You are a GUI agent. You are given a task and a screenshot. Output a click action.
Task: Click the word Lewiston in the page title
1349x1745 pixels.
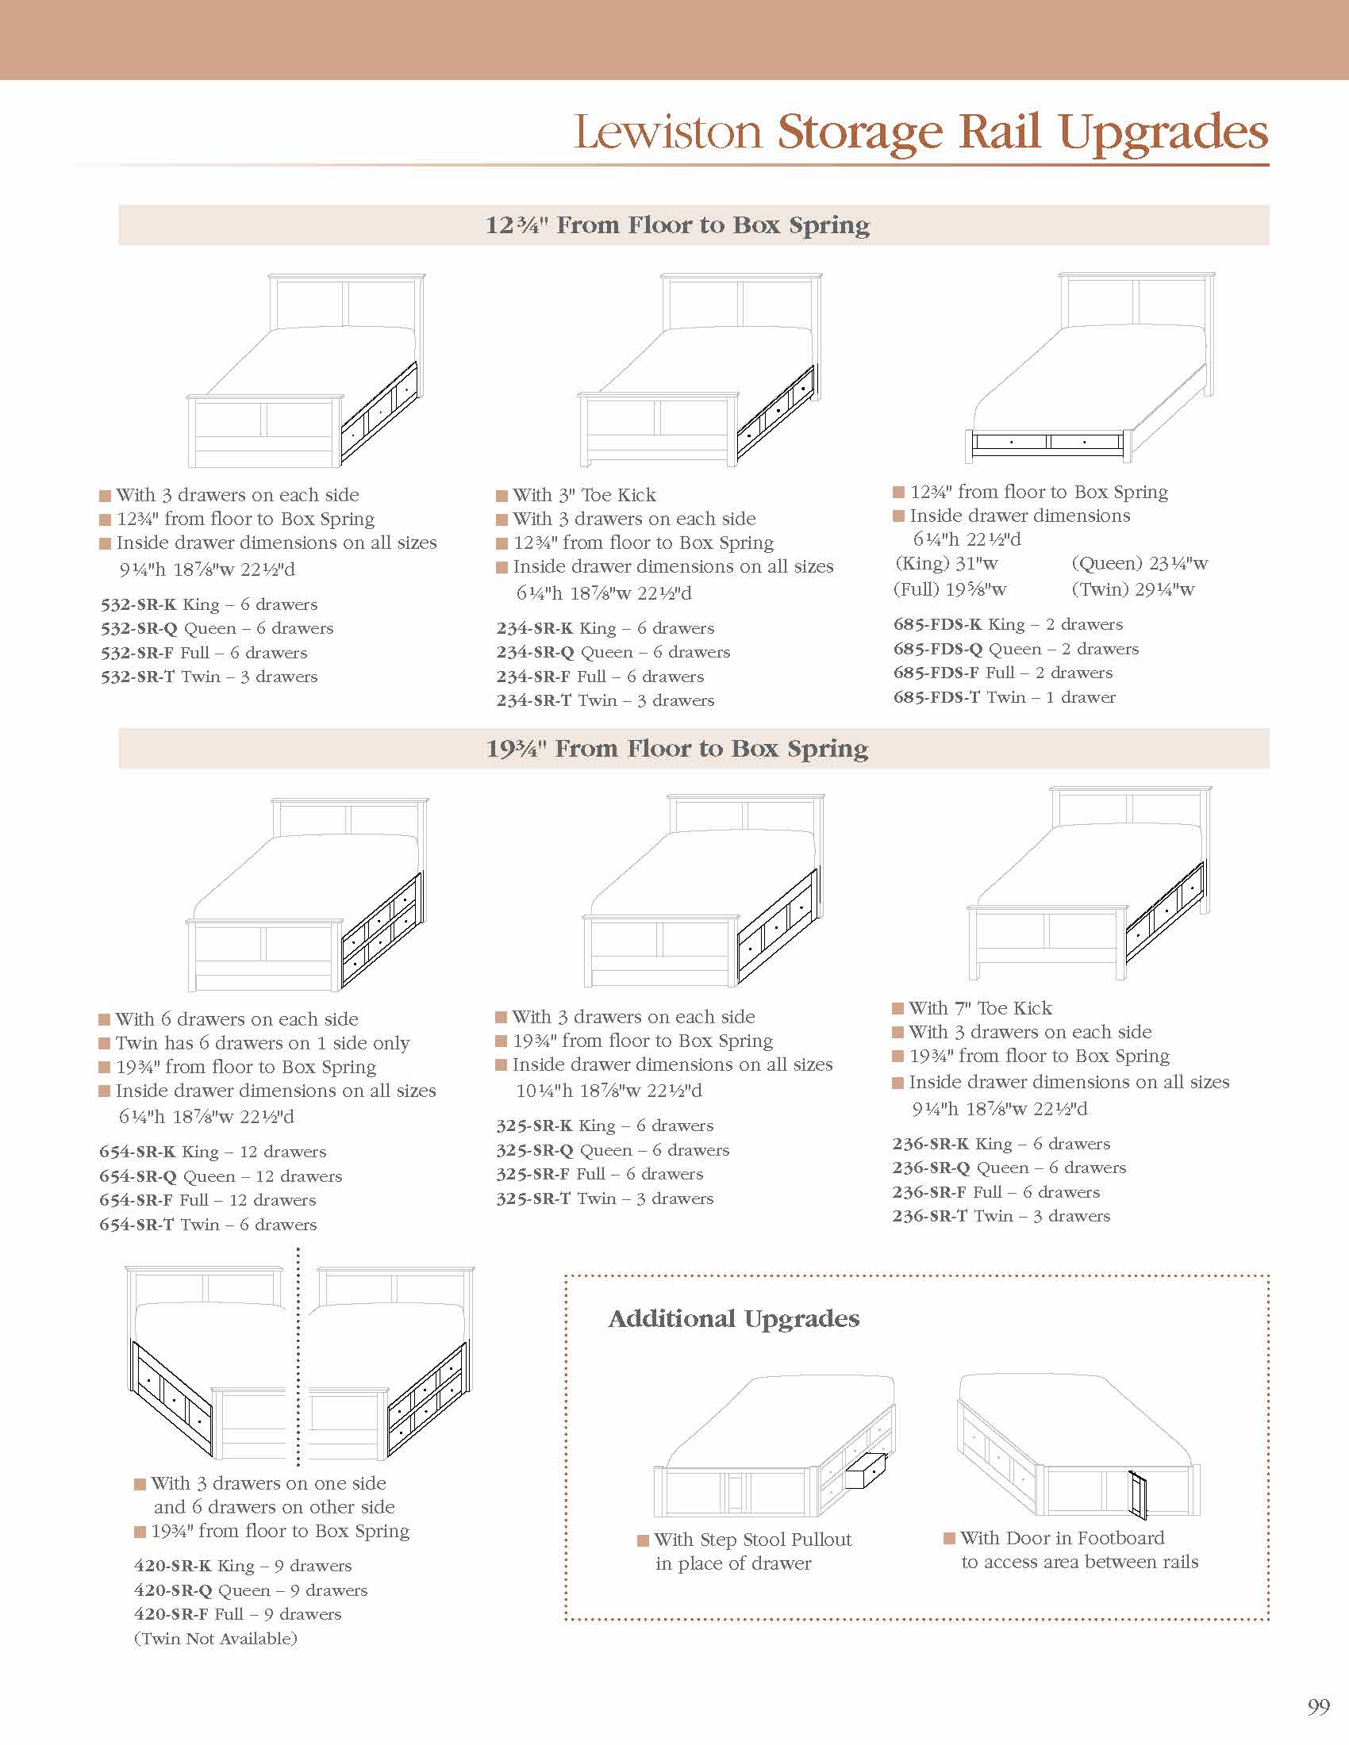(667, 132)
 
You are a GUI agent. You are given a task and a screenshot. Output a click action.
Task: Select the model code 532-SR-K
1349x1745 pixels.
(137, 605)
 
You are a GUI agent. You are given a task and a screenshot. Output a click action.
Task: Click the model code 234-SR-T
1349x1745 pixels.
(533, 700)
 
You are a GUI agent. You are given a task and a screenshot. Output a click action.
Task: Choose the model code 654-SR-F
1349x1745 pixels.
(136, 1200)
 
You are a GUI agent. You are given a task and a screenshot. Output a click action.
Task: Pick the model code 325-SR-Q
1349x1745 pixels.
(534, 1151)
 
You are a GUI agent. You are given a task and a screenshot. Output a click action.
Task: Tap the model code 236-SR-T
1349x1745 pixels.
(930, 1216)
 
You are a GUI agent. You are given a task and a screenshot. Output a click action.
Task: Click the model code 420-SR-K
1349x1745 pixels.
(172, 1566)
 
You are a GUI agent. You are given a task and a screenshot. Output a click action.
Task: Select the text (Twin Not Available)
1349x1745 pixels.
(216, 1639)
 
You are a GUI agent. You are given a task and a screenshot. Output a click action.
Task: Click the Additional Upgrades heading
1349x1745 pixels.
(734, 1319)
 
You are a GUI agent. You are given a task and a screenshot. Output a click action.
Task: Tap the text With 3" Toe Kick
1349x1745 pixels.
(584, 496)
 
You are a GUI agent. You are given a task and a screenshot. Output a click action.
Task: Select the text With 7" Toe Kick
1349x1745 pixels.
(981, 1008)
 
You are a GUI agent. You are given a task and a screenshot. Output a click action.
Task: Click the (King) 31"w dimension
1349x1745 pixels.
(946, 564)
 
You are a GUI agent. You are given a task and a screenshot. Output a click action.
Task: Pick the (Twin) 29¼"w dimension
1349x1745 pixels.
(1133, 589)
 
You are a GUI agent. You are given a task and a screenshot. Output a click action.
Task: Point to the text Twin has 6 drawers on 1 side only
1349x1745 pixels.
(262, 1044)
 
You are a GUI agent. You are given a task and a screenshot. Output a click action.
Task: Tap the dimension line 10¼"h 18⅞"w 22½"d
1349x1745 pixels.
(609, 1091)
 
